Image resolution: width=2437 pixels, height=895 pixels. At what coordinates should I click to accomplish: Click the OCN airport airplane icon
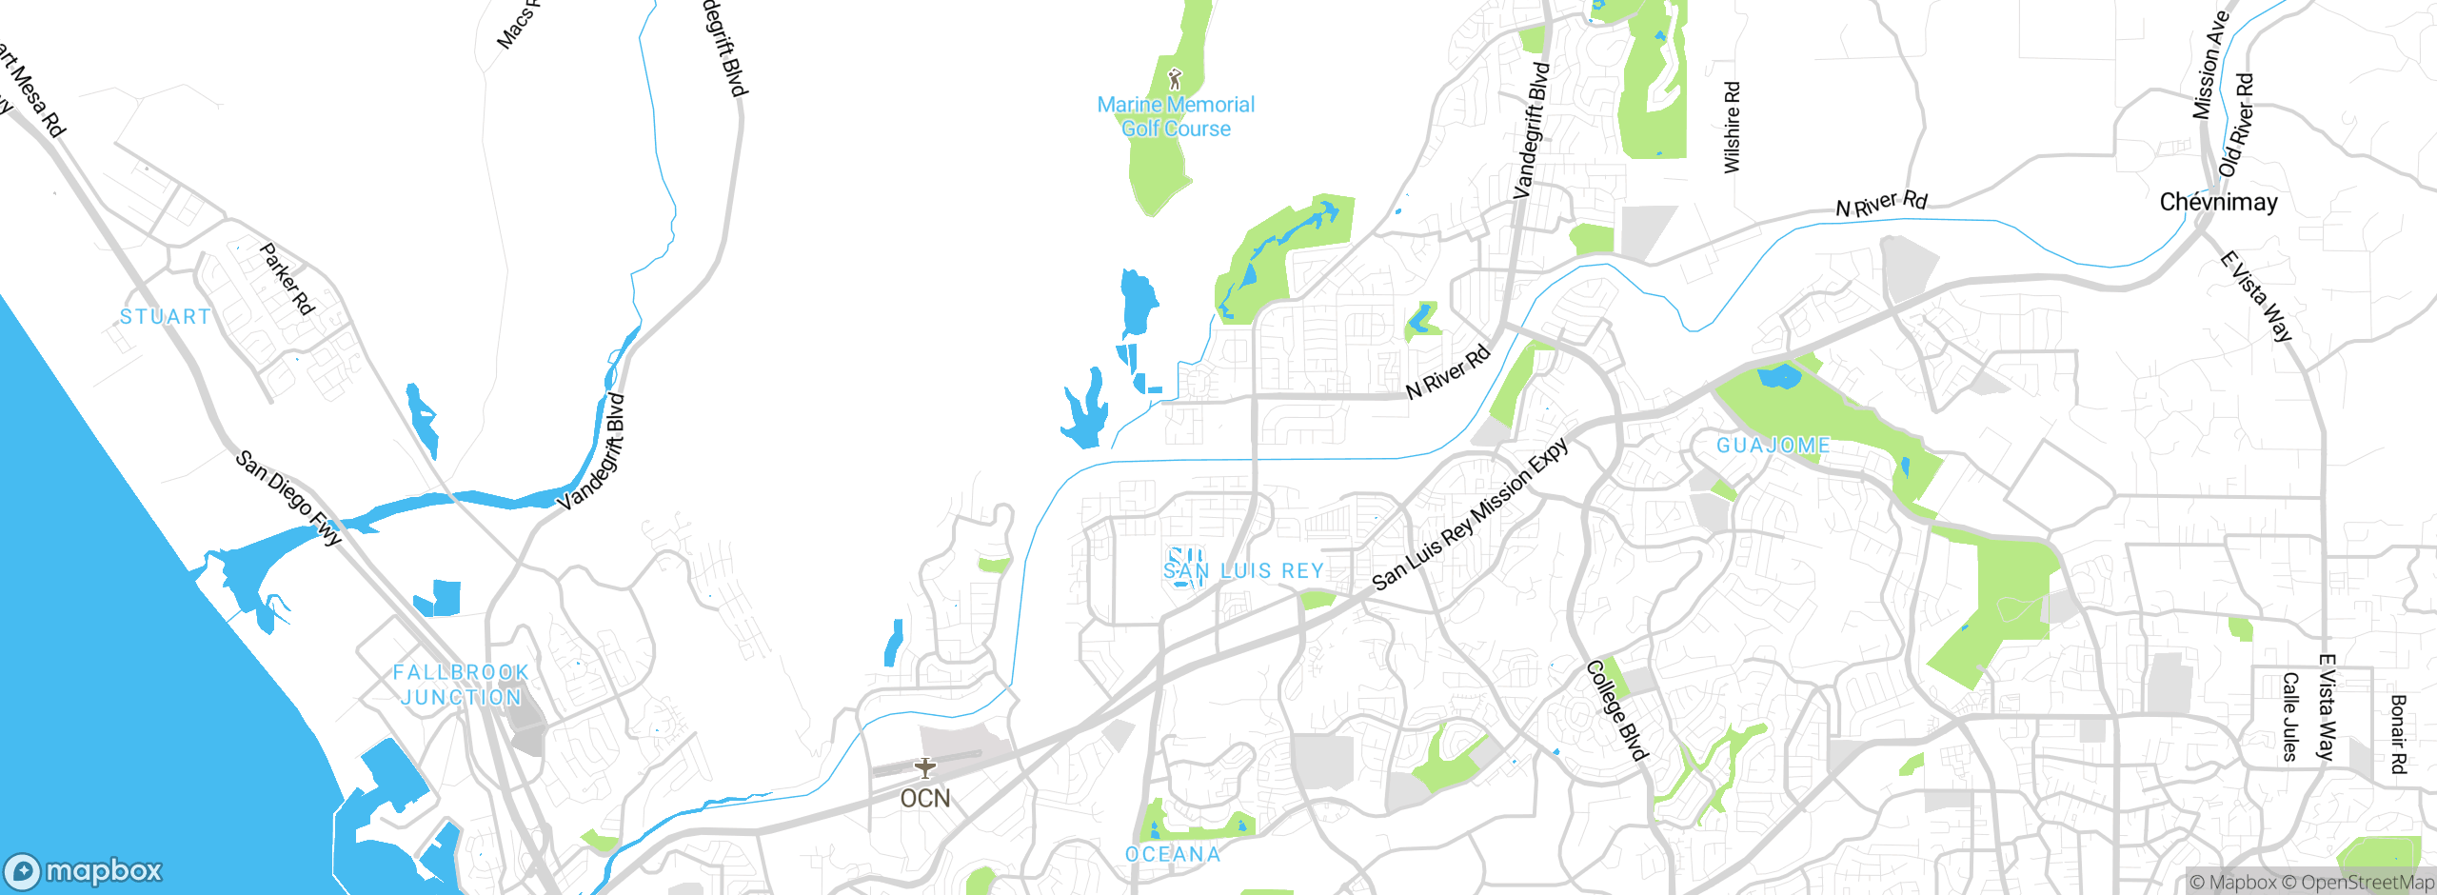tap(924, 767)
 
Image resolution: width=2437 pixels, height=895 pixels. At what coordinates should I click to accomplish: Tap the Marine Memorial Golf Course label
tap(1176, 117)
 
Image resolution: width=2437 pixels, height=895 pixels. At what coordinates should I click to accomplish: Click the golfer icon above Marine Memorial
tap(1175, 79)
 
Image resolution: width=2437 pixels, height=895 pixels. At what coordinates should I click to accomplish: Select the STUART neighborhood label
tap(166, 317)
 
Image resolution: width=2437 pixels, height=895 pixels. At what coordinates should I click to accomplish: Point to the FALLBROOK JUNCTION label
tap(461, 685)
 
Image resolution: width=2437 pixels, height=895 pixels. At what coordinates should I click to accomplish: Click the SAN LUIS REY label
tap(1243, 571)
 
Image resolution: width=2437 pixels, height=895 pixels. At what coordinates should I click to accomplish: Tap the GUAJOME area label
tap(1773, 446)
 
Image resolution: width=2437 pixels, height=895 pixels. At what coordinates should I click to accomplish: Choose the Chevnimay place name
tap(2218, 202)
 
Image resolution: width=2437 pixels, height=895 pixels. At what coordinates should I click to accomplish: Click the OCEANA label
tap(1173, 855)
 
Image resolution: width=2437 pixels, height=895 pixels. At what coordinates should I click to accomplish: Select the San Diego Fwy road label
tap(288, 498)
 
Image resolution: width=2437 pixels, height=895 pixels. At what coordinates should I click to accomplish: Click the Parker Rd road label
tap(287, 279)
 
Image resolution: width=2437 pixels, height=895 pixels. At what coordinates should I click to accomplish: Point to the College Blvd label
tap(1616, 710)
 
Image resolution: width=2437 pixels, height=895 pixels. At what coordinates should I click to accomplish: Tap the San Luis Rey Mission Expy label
tap(1470, 515)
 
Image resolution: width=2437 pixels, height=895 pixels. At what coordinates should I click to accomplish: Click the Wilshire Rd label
tap(1732, 128)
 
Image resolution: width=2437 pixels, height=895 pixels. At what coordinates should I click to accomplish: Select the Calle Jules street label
tap(2290, 717)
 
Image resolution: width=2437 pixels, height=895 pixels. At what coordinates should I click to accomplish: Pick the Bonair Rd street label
tap(2398, 734)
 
